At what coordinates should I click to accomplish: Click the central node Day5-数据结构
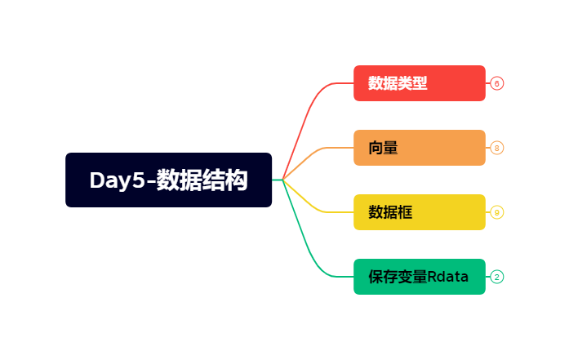168,180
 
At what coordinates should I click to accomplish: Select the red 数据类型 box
419,83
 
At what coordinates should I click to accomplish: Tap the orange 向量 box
419,148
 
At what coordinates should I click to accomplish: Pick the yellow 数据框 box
419,212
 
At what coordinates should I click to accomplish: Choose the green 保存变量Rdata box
419,277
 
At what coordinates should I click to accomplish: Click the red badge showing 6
497,83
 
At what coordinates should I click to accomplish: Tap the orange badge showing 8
497,148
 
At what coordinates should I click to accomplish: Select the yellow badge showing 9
497,212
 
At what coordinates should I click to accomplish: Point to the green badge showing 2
497,277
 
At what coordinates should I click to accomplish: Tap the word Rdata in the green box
448,277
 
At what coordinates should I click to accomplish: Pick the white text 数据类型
398,83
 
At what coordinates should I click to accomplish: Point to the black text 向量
383,148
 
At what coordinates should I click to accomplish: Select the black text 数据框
390,212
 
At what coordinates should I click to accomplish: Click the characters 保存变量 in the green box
398,277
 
